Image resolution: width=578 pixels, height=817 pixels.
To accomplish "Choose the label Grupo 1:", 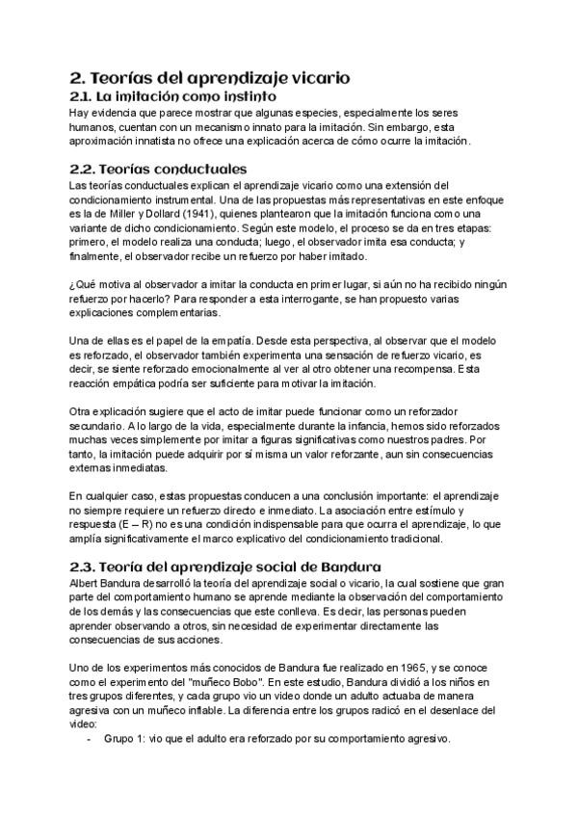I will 124,739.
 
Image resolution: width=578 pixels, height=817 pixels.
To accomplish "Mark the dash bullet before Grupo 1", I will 90,739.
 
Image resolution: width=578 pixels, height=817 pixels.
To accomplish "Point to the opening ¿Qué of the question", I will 83,284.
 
